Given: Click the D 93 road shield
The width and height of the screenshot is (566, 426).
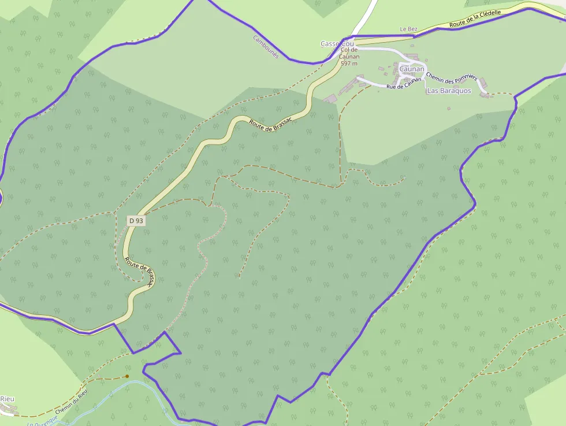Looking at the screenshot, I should (136, 220).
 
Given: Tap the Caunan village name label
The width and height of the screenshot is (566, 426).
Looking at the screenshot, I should (412, 69).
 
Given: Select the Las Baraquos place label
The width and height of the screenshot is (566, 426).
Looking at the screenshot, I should (449, 91).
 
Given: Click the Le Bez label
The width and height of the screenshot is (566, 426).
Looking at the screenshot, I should (408, 29).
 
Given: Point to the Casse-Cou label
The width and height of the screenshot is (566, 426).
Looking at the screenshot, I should (337, 44).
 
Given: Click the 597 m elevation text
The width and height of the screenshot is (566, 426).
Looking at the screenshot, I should (349, 63).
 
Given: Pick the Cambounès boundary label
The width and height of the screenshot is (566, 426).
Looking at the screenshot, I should (266, 46).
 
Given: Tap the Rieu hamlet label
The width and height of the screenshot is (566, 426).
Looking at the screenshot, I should (7, 399).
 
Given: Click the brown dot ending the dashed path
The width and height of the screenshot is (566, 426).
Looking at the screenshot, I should (127, 376).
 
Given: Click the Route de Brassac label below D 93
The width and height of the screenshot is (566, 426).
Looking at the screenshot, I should (141, 272).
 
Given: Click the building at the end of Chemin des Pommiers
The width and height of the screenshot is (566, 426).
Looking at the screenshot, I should (485, 94).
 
